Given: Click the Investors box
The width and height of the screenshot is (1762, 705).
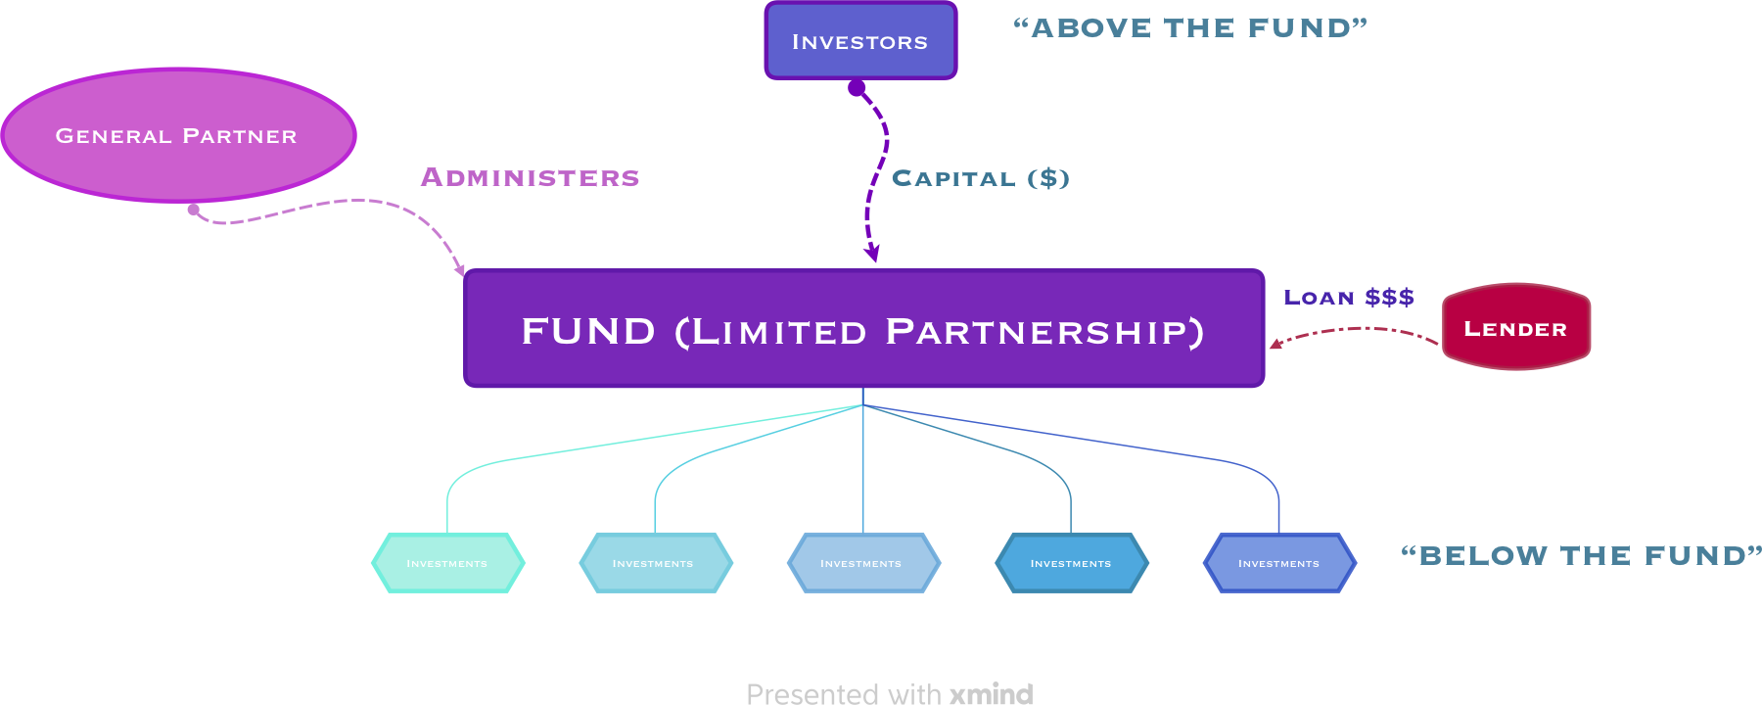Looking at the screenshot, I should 860,41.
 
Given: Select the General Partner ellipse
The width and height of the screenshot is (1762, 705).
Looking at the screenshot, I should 178,135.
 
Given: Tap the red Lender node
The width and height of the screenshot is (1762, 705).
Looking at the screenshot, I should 1515,328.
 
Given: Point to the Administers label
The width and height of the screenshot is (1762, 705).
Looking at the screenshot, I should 530,178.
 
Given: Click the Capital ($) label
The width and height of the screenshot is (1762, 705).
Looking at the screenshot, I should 980,179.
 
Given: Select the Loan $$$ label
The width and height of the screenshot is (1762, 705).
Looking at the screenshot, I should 1348,298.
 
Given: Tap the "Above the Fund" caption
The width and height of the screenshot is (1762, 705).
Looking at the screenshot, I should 1189,28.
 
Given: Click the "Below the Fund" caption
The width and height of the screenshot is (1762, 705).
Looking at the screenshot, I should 1580,556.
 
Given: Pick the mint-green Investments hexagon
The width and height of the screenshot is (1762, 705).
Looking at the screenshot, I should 447,563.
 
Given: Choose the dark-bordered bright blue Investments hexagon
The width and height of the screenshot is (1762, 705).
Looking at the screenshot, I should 1071,563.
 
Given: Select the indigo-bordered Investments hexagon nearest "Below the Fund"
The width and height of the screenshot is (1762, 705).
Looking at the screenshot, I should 1278,563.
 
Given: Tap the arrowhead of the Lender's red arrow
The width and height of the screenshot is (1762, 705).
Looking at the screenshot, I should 1275,344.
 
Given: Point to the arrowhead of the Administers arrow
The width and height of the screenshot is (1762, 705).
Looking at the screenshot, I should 460,270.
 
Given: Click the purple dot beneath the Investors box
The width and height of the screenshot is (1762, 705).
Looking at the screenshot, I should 857,88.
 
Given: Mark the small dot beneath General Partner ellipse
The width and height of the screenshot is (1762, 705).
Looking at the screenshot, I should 194,210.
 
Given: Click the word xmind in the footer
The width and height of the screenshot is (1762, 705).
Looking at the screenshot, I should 992,694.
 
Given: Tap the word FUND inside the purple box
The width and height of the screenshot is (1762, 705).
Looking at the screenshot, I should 588,331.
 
